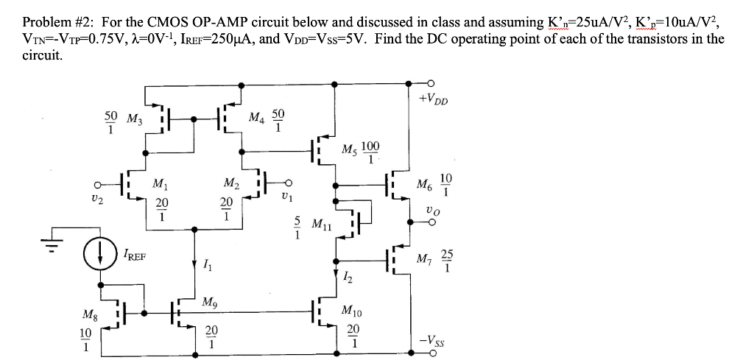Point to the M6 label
[425, 183]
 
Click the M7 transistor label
[425, 260]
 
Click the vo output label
[432, 211]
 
